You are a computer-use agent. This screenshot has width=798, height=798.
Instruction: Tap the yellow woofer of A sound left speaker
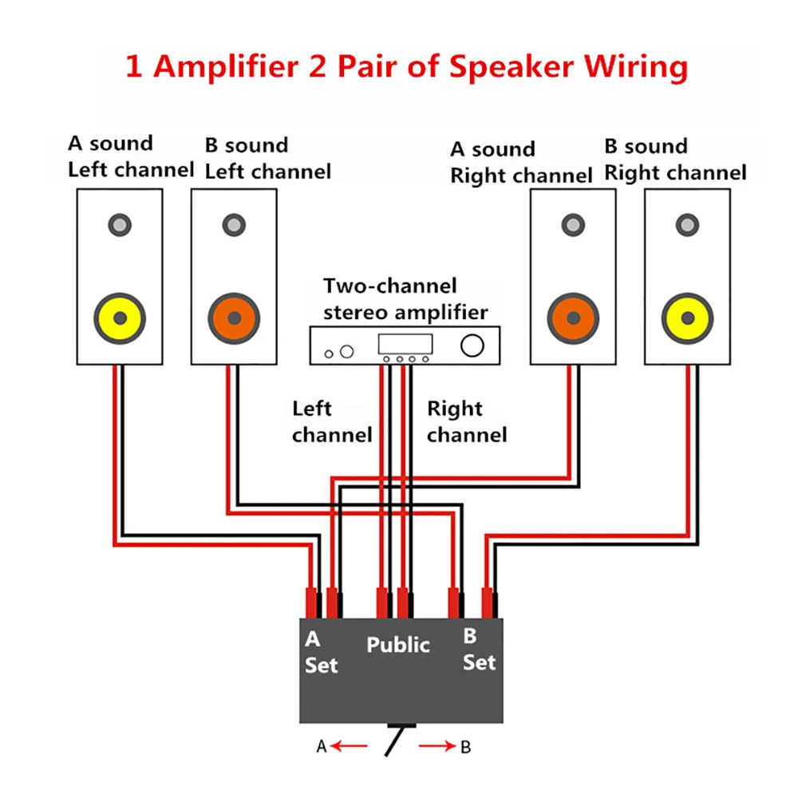tap(120, 318)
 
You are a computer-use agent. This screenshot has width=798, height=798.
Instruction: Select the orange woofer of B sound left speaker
tap(234, 318)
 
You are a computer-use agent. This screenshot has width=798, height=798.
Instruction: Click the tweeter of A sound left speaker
tap(120, 226)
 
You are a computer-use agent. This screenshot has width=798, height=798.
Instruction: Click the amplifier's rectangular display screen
tap(405, 344)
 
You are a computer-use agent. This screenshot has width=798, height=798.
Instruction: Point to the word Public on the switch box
tap(398, 645)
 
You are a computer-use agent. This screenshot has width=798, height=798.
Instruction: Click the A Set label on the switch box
tap(320, 652)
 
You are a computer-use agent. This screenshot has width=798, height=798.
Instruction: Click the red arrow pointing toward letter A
tap(350, 747)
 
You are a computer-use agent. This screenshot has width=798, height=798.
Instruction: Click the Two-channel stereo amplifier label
tap(405, 298)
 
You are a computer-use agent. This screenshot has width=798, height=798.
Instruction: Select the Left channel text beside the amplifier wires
tap(330, 422)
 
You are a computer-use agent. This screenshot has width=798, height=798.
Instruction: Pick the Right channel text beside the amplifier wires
tap(467, 422)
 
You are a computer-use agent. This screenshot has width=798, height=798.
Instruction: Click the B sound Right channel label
tap(675, 160)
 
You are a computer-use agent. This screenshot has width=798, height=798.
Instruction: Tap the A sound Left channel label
tap(130, 156)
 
